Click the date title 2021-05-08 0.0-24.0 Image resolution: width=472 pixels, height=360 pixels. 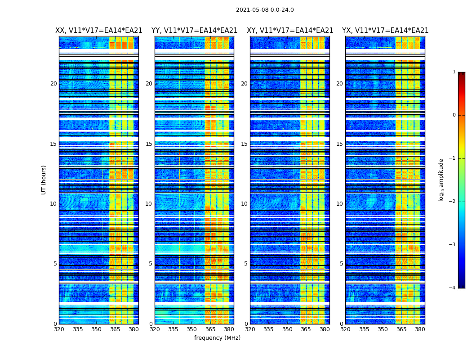click(x=265, y=10)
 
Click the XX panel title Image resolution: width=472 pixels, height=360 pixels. click(x=99, y=31)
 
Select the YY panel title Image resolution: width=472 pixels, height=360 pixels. click(x=194, y=31)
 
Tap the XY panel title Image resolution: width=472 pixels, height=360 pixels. click(x=290, y=31)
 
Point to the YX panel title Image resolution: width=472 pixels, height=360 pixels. click(x=385, y=31)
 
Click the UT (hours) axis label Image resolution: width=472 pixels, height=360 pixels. click(x=44, y=180)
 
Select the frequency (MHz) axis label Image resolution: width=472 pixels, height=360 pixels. click(x=217, y=338)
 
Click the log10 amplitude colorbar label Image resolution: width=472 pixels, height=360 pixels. click(x=441, y=180)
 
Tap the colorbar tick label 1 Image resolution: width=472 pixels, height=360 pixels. click(x=454, y=72)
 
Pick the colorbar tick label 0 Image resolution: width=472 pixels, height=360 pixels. click(x=454, y=115)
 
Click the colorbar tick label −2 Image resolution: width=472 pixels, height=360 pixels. click(x=453, y=202)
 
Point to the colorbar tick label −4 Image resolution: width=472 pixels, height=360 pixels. click(x=453, y=288)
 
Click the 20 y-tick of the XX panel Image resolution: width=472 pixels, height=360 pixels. click(x=53, y=84)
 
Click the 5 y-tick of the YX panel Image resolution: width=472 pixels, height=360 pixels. click(x=341, y=264)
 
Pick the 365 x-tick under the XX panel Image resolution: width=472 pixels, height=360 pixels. click(x=115, y=329)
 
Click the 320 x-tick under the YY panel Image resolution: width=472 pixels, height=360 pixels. click(x=155, y=329)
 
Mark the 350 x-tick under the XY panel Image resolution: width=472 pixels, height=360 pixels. click(x=287, y=329)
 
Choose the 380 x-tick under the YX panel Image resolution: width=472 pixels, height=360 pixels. click(x=420, y=329)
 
